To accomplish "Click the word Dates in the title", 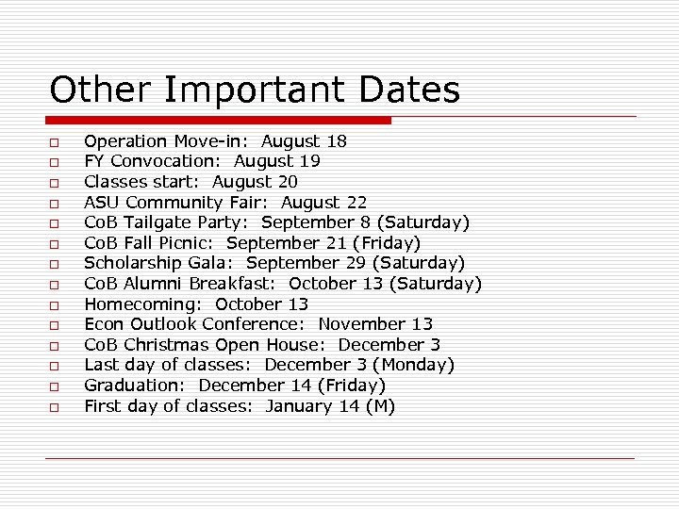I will tap(409, 90).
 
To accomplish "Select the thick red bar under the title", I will tap(218, 121).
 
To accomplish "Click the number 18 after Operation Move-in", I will tap(337, 141).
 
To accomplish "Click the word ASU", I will tap(102, 202).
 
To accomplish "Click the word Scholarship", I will tap(132, 263).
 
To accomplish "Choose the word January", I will tap(299, 406).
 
